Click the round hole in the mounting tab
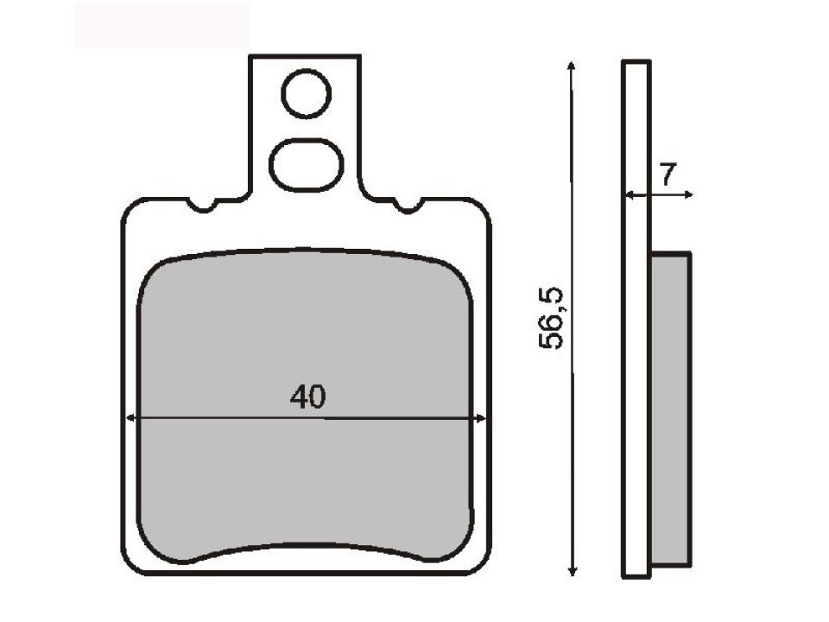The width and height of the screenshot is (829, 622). click(x=306, y=94)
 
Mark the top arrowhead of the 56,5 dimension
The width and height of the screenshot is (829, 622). click(x=571, y=66)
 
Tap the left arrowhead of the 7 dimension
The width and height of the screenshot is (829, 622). click(x=629, y=196)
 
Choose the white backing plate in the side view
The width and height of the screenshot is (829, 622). click(x=636, y=320)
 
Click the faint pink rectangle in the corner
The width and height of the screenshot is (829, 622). click(x=161, y=24)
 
